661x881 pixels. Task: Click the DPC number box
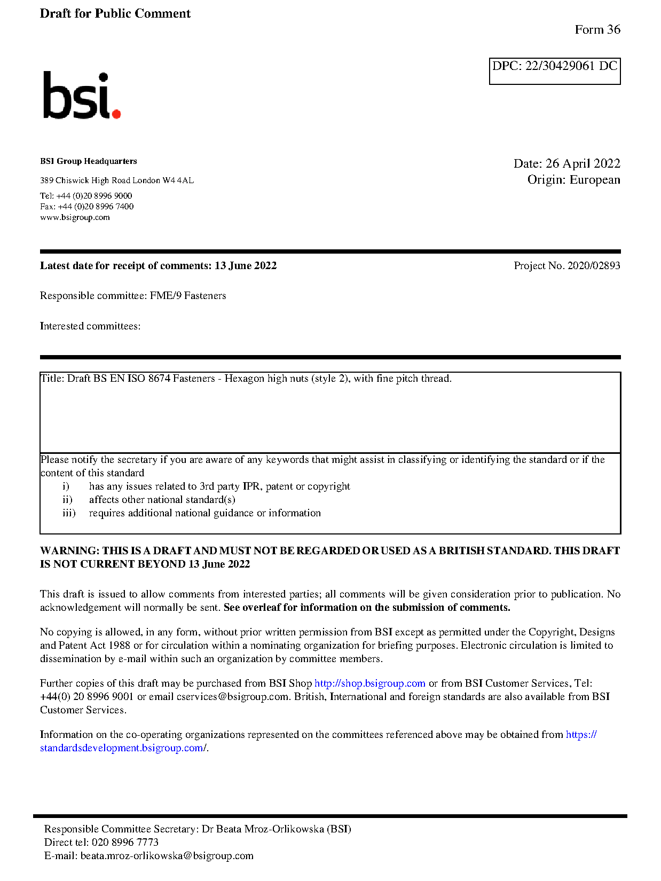(554, 70)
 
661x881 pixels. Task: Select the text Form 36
(597, 30)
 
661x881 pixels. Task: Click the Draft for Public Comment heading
(115, 13)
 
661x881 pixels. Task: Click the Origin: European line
(573, 179)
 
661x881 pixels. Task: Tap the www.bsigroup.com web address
(75, 217)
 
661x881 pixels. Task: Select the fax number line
(86, 207)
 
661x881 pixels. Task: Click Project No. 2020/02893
(566, 265)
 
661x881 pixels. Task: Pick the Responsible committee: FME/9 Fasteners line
(132, 295)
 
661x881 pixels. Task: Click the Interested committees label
(90, 326)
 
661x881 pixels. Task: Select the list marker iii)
(69, 513)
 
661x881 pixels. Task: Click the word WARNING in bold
(69, 550)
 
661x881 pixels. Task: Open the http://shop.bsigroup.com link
(369, 683)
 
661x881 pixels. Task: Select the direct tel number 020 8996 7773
(125, 843)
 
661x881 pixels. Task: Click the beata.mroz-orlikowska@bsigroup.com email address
(167, 856)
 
